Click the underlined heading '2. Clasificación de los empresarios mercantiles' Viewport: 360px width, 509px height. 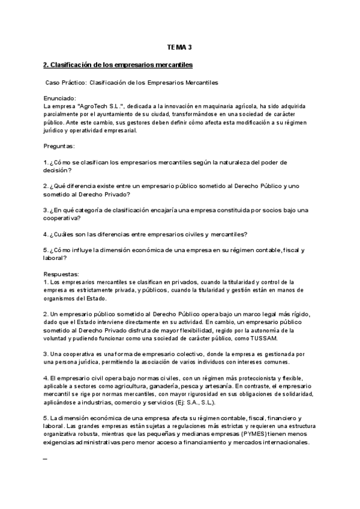(x=118, y=64)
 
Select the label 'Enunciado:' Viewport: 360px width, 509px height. (x=59, y=97)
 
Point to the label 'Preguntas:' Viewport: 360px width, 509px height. (x=59, y=146)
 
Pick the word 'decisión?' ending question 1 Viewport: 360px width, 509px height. (x=58, y=170)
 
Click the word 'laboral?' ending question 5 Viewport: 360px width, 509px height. (x=56, y=258)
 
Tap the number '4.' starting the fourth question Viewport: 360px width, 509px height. (x=46, y=234)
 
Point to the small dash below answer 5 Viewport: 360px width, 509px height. (x=46, y=459)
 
